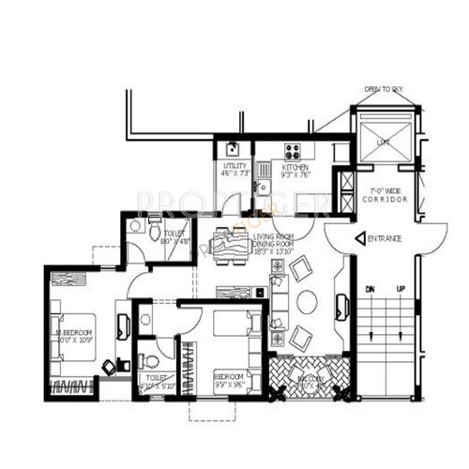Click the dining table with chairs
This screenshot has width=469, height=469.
[229, 246]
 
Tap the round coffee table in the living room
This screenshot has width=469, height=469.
[308, 302]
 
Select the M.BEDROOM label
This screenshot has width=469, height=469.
[74, 332]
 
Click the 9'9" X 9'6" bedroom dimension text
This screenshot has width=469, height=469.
[230, 383]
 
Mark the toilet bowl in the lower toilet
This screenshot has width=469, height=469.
[150, 361]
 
